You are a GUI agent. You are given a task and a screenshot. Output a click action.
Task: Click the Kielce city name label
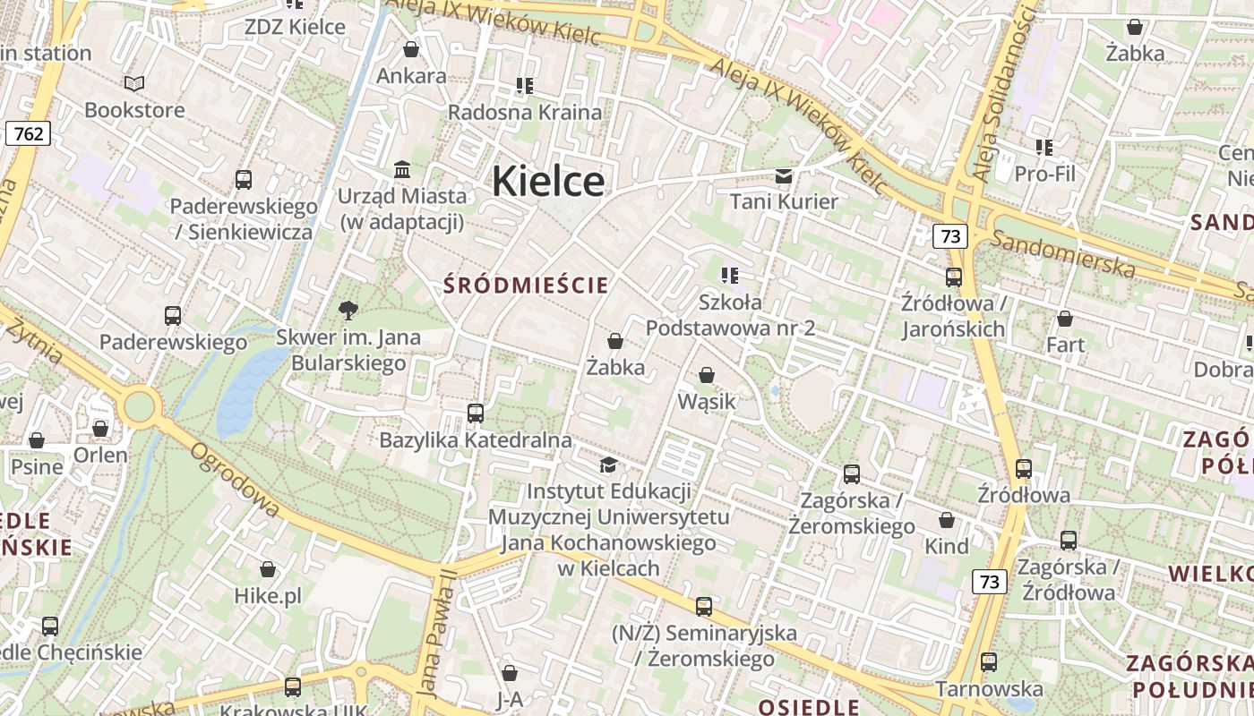pyautogui.click(x=548, y=181)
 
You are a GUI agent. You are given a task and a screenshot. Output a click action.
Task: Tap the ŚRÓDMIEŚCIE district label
pyautogui.click(x=527, y=286)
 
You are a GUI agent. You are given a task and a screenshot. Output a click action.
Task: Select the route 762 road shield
pyautogui.click(x=28, y=134)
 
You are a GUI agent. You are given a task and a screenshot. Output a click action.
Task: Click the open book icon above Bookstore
pyautogui.click(x=134, y=84)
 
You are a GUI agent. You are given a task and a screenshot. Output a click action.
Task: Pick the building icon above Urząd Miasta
pyautogui.click(x=402, y=169)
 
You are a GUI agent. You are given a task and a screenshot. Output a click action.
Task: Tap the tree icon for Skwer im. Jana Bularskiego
pyautogui.click(x=348, y=311)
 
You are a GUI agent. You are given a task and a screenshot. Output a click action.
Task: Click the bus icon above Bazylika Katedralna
pyautogui.click(x=476, y=413)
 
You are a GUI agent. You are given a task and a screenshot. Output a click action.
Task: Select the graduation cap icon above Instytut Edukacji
pyautogui.click(x=608, y=465)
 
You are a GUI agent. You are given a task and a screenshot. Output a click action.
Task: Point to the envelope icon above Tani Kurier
pyautogui.click(x=784, y=175)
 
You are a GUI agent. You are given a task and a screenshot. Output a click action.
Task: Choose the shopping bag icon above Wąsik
pyautogui.click(x=707, y=376)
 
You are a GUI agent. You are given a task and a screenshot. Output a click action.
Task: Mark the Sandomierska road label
pyautogui.click(x=1064, y=254)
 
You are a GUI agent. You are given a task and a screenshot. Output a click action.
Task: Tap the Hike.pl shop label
pyautogui.click(x=268, y=596)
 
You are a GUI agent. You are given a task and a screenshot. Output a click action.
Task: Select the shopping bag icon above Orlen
pyautogui.click(x=100, y=429)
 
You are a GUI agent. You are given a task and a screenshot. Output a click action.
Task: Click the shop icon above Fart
pyautogui.click(x=1065, y=319)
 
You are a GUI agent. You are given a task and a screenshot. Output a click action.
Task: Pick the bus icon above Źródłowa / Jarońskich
pyautogui.click(x=954, y=277)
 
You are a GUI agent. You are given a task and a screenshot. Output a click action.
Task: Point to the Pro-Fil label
pyautogui.click(x=1045, y=174)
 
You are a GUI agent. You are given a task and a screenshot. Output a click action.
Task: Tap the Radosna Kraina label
pyautogui.click(x=525, y=113)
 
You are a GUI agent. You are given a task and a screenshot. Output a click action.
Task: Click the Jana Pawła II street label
pyautogui.click(x=438, y=633)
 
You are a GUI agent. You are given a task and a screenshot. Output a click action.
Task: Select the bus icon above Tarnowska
pyautogui.click(x=989, y=662)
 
